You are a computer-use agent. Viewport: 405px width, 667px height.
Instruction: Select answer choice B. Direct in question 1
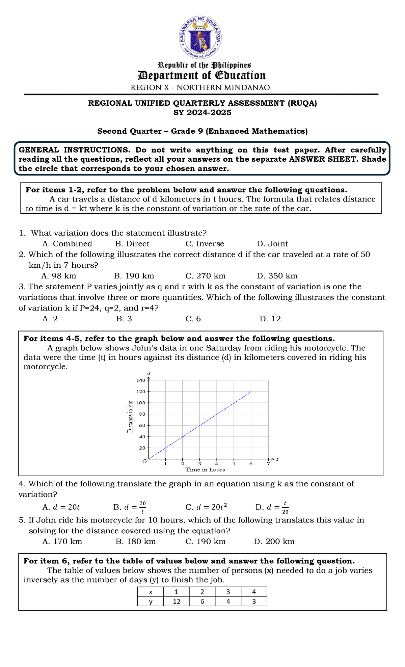[x=132, y=244]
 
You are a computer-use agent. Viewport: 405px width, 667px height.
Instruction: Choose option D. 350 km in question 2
[x=277, y=276]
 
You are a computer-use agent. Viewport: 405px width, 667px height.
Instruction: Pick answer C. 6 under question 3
[x=193, y=319]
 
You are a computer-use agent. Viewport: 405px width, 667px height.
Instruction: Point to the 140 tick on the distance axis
[x=141, y=380]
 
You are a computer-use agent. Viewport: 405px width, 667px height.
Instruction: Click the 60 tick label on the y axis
[x=142, y=425]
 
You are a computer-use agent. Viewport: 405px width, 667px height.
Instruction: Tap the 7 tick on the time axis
[x=268, y=464]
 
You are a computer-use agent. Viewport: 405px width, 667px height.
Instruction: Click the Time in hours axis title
[x=205, y=470]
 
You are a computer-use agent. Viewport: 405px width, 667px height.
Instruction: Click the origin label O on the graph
[x=145, y=461]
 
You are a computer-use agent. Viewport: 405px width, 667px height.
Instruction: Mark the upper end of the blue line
[x=251, y=392]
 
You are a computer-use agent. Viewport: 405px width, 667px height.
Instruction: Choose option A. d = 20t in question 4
[x=61, y=507]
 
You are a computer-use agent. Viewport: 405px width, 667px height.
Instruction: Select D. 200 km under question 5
[x=274, y=541]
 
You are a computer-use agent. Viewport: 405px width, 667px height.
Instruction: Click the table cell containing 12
[x=177, y=601]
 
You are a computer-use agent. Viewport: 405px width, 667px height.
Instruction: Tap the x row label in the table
[x=151, y=592]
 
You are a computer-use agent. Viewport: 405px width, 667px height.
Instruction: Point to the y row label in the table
[x=151, y=601]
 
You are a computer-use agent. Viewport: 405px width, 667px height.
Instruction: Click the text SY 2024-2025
[x=202, y=112]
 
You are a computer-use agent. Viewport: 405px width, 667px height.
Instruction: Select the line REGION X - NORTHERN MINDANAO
[x=200, y=87]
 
